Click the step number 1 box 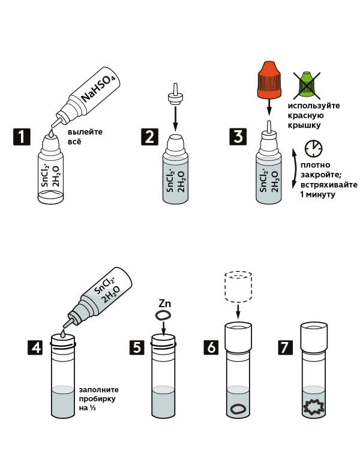point(22,137)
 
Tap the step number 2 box point(149,137)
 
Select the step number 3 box point(238,137)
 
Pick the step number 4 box point(35,347)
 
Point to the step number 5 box point(137,347)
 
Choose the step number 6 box point(211,347)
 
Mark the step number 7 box point(286,347)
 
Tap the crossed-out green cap point(307,85)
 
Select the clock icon point(313,148)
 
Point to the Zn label point(164,304)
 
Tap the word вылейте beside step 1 point(85,132)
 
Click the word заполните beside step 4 point(98,390)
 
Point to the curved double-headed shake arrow point(296,169)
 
